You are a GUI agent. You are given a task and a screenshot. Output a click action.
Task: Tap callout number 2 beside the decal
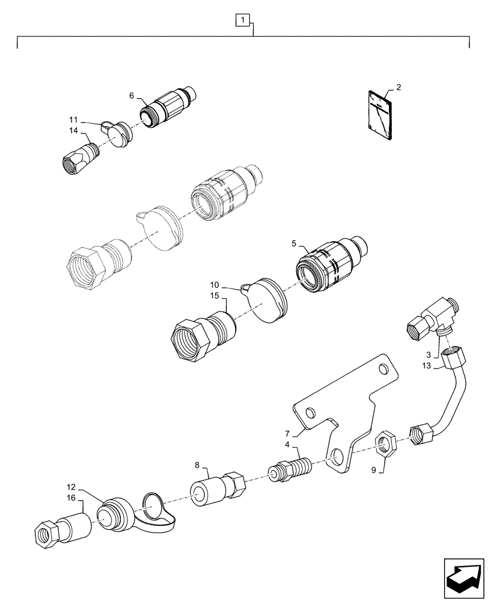click(398, 87)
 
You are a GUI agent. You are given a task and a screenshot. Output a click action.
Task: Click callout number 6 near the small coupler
click(132, 96)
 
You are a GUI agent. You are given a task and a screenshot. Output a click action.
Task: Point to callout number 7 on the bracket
click(287, 433)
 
